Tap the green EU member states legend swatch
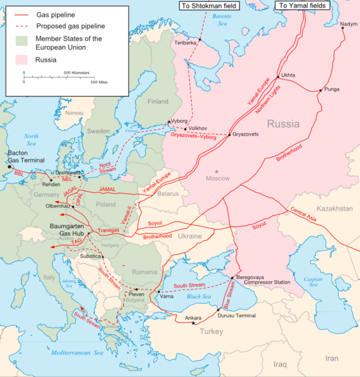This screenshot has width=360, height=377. click(24, 42)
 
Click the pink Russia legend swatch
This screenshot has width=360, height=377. click(24, 60)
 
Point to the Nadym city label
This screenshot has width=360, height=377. click(348, 25)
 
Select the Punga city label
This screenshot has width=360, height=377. click(332, 89)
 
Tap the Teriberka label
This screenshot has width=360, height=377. click(185, 43)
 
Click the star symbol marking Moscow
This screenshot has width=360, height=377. click(217, 172)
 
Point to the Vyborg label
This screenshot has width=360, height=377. click(179, 121)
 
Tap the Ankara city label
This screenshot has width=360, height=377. click(193, 318)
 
